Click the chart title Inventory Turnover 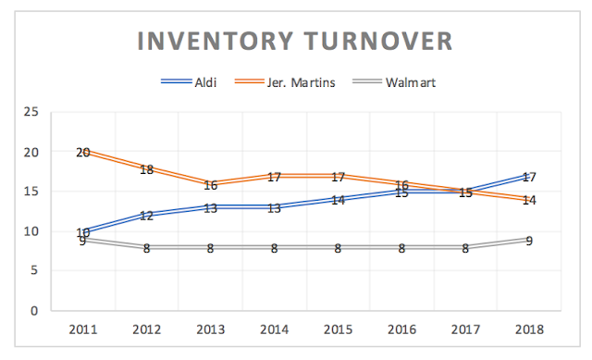[x=295, y=42]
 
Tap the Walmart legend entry [x=411, y=82]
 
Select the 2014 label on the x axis [x=274, y=329]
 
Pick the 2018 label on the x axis [x=529, y=329]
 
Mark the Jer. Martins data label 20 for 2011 [x=83, y=152]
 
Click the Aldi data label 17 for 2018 [x=529, y=177]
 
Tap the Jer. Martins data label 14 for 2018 [x=529, y=200]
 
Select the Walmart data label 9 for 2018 [x=529, y=241]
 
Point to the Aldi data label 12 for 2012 [x=146, y=216]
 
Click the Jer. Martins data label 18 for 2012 [x=146, y=168]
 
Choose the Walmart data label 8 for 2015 [x=338, y=248]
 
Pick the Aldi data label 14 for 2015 [x=338, y=200]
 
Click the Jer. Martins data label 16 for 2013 [x=210, y=184]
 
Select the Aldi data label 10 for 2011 [x=83, y=232]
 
